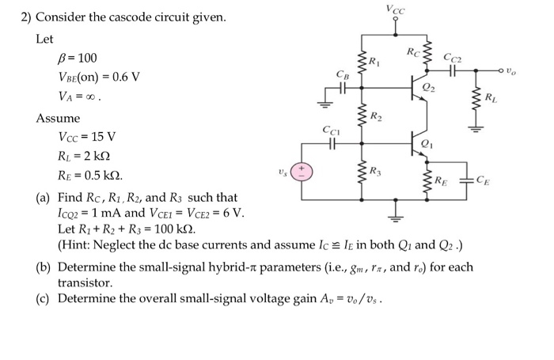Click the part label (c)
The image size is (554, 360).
click(45, 299)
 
